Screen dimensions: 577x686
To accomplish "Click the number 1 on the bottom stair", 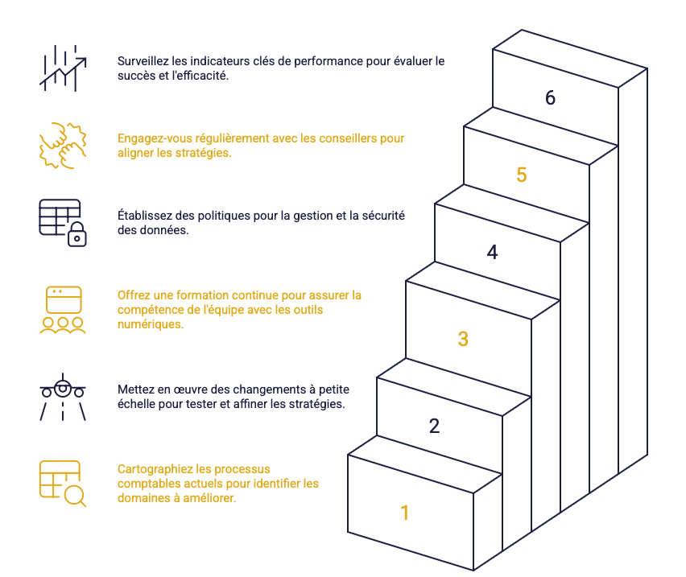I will (x=404, y=513).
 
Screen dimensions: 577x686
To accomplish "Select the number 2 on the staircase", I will (x=434, y=426).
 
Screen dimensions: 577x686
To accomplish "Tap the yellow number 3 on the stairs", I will (x=463, y=339).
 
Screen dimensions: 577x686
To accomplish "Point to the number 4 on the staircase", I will (x=492, y=252).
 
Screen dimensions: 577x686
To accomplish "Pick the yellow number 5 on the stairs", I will (x=521, y=175).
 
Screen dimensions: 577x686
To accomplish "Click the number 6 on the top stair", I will (x=550, y=97).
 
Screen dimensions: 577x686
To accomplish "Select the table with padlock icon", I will (x=63, y=223).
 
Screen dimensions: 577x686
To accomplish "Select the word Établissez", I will (x=146, y=216).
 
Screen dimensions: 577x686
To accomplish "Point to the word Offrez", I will (x=134, y=295).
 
